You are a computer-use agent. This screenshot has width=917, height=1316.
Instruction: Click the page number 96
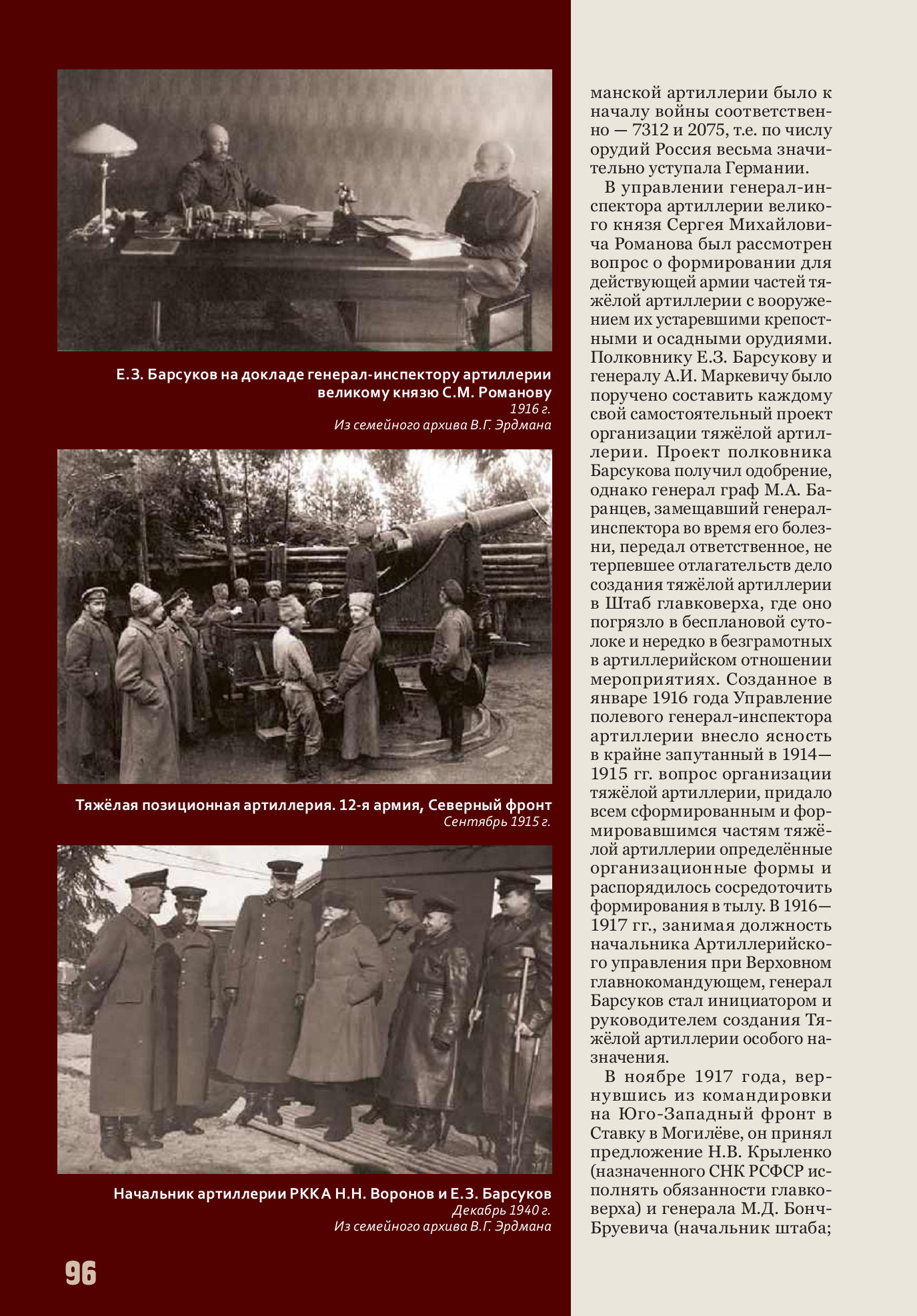tap(81, 1273)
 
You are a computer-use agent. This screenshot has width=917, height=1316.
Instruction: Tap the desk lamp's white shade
tap(103, 141)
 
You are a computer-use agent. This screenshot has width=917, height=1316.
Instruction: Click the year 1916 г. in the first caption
tap(530, 409)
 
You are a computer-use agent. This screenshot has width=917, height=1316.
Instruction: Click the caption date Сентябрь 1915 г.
tap(497, 821)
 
